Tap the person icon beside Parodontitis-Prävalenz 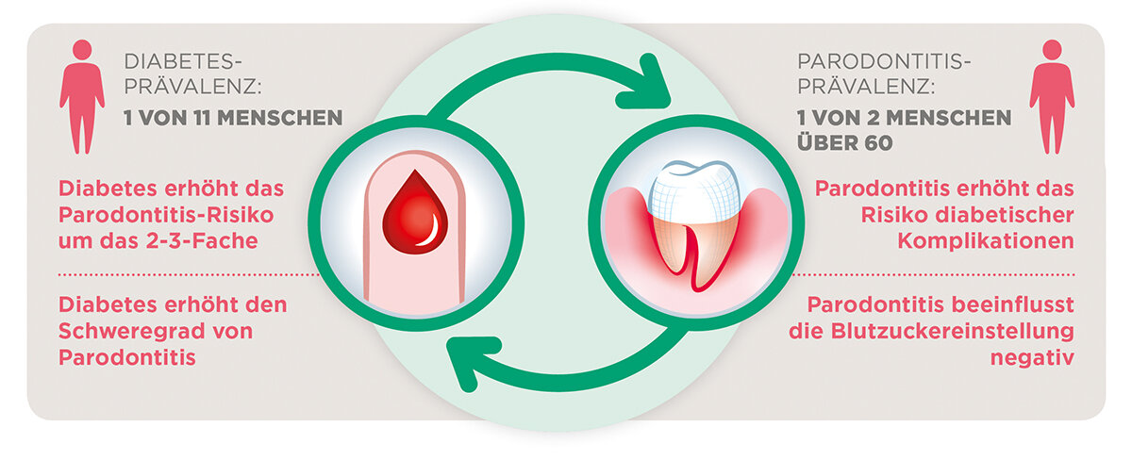click(x=1051, y=95)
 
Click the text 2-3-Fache click(x=214, y=241)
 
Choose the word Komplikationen click(x=999, y=240)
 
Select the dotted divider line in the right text click(x=934, y=274)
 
